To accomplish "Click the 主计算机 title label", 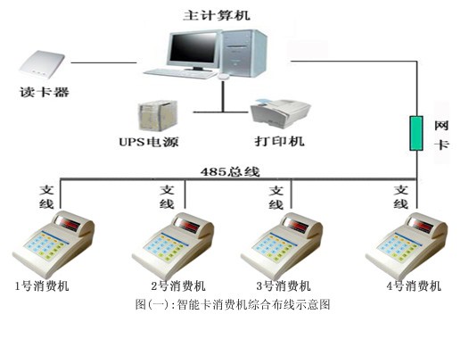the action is coord(217,15).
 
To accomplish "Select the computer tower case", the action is coord(243,54).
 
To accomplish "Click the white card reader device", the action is coord(42,64).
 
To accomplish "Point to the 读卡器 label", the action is coord(45,92).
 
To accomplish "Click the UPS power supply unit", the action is coord(158,116).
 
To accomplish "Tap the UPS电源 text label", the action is coord(149,142).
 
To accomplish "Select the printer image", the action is coord(280,113).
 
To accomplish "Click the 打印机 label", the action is coord(279,141).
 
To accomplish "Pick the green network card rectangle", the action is coord(416,133).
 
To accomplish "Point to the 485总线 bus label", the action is coord(230,172).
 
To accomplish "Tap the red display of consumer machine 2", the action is coord(188,225).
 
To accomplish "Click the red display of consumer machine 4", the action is coord(421,225).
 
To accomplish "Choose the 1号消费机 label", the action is coord(42,286).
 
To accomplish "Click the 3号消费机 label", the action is coord(284,286).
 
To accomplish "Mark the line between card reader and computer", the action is coord(103,62).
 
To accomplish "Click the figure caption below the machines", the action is coord(233,304).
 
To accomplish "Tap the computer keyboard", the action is coord(181,73).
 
